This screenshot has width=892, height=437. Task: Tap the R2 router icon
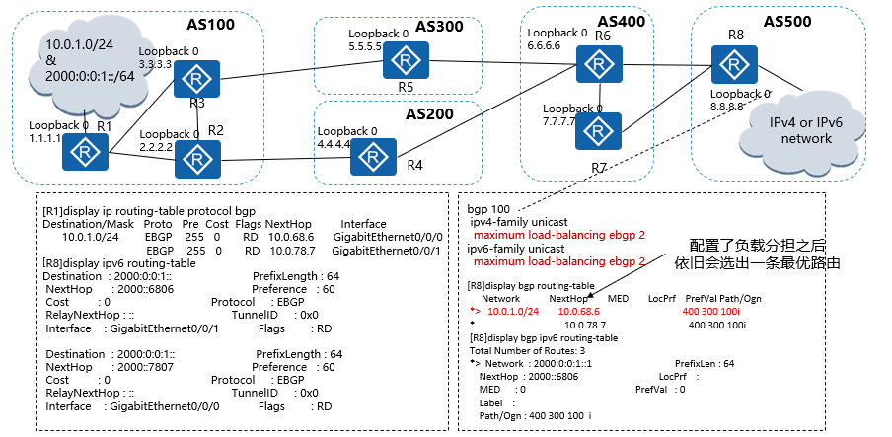point(198,158)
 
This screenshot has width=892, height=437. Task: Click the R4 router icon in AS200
point(373,156)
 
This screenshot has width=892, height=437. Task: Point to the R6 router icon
point(596,64)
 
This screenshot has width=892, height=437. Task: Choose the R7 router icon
point(596,130)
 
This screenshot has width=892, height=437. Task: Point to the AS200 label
point(429,113)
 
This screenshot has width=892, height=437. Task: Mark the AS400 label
point(622,20)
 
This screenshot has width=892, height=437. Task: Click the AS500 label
point(787,21)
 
